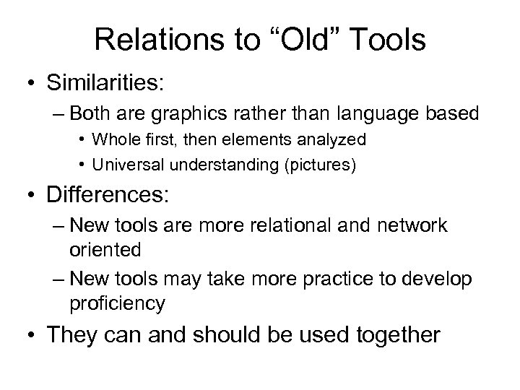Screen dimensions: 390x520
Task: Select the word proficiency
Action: [118, 303]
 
